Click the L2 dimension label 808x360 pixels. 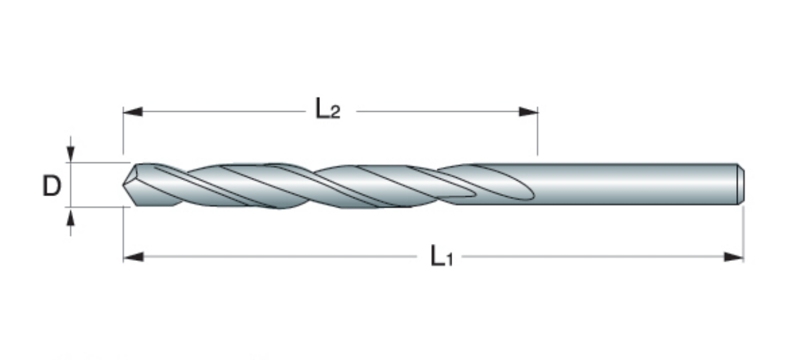(328, 110)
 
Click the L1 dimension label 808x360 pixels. (442, 257)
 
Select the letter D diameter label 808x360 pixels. (51, 186)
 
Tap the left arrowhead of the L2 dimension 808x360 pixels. (133, 111)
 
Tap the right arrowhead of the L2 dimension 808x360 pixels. (528, 111)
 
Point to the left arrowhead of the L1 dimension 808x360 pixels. (134, 257)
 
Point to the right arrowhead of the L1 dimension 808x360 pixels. (733, 257)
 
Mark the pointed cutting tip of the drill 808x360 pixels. (124, 184)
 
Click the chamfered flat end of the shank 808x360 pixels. (741, 184)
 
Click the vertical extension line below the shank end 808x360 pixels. (743, 232)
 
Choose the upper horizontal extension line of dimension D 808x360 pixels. (97, 162)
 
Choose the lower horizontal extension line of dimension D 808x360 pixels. (97, 207)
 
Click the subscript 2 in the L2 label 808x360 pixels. (335, 112)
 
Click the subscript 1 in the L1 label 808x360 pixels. (449, 259)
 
